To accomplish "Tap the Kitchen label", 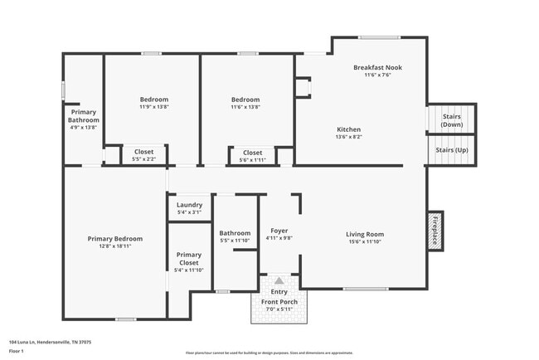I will pyautogui.click(x=348, y=129).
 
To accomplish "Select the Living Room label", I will pyautogui.click(x=365, y=234).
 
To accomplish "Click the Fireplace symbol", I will pyautogui.click(x=435, y=230).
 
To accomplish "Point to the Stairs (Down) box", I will pyautogui.click(x=451, y=119).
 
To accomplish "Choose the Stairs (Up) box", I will pyautogui.click(x=451, y=149).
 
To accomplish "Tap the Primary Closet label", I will pyautogui.click(x=189, y=259).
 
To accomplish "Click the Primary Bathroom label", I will pyautogui.click(x=83, y=116).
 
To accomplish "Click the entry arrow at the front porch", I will pyautogui.click(x=279, y=281).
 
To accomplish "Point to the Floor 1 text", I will pyautogui.click(x=17, y=352).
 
